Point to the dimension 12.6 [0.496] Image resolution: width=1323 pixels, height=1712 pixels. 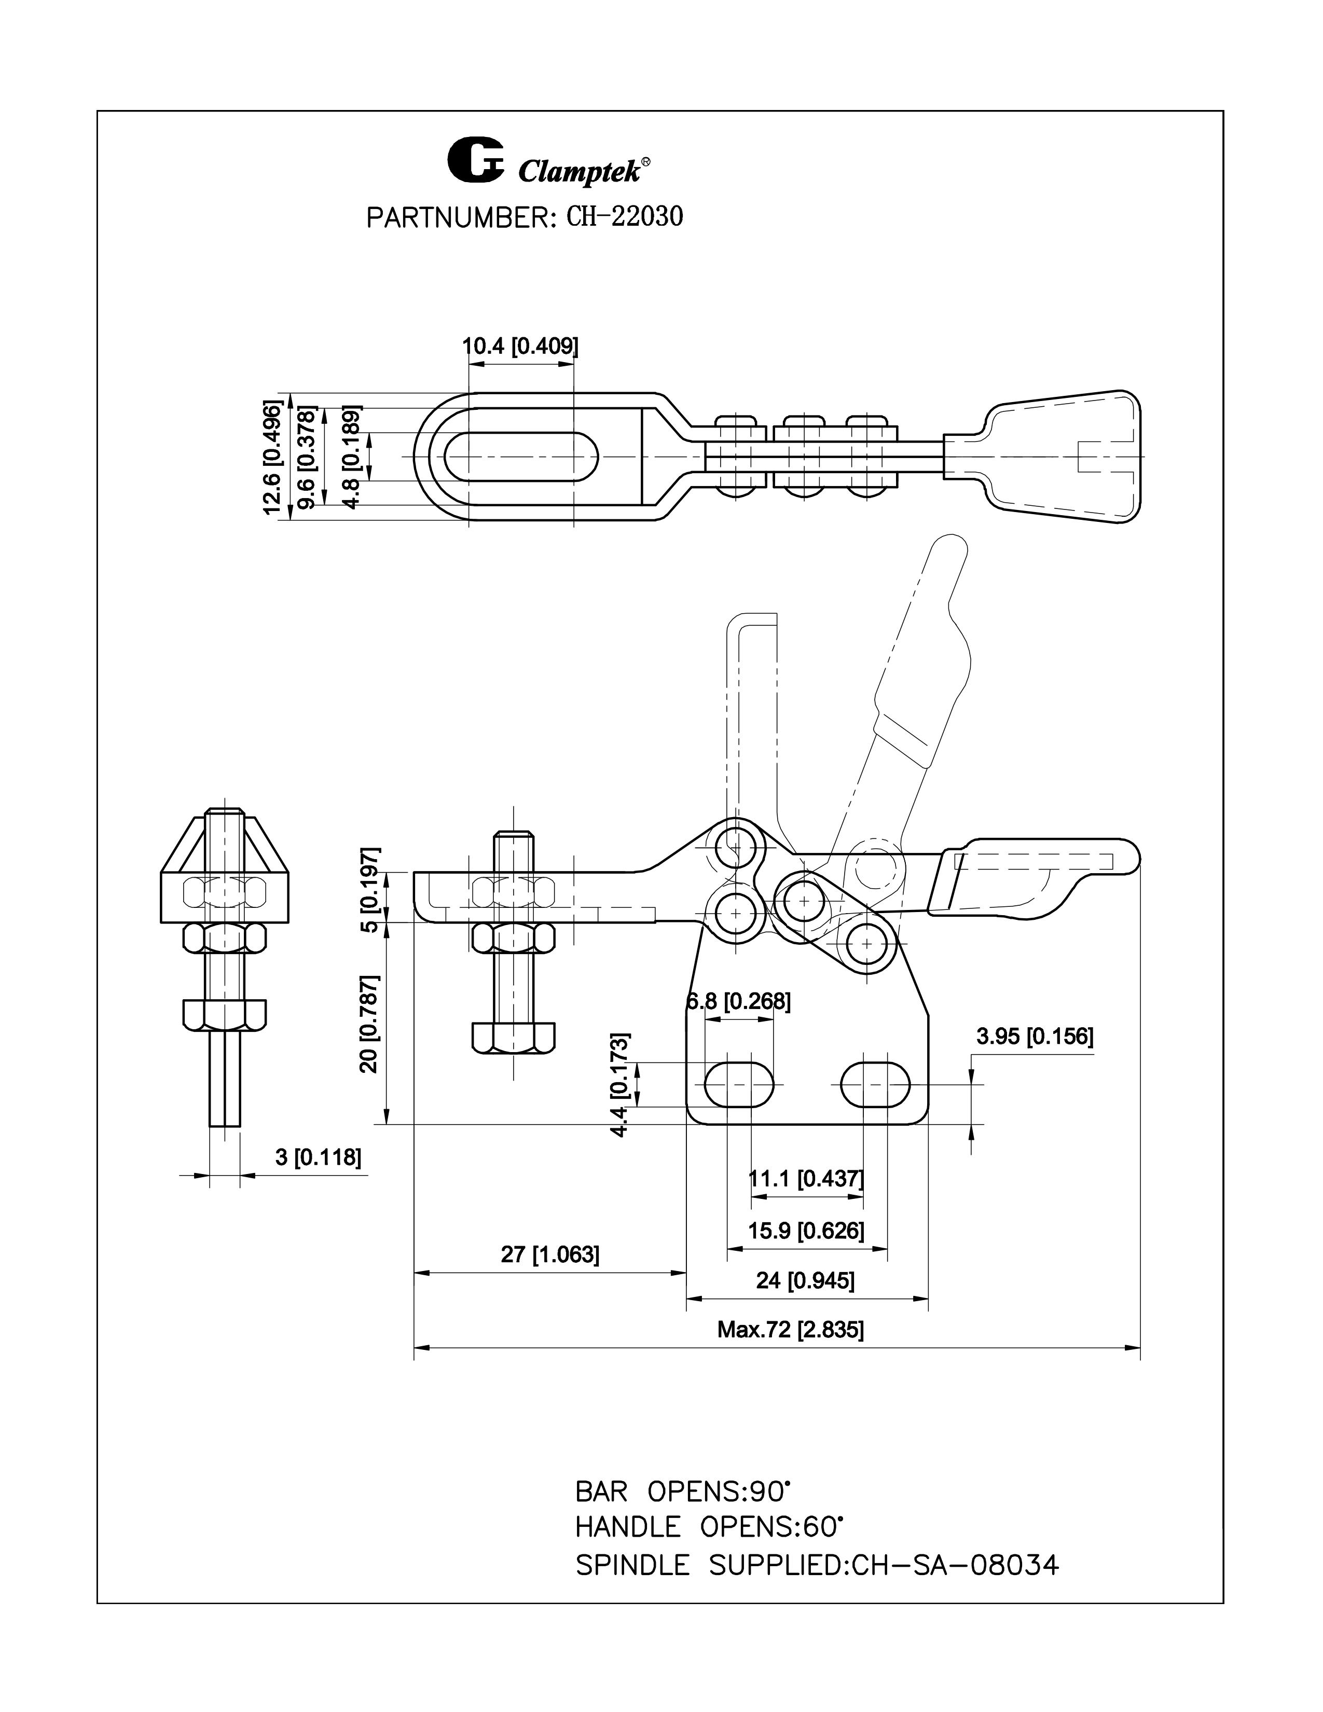point(272,457)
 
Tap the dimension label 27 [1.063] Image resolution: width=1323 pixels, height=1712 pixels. point(549,1254)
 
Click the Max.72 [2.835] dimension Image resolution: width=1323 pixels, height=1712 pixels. point(790,1330)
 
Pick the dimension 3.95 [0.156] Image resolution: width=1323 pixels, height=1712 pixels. point(1035,1037)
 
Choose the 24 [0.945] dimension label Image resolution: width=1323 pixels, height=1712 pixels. point(805,1280)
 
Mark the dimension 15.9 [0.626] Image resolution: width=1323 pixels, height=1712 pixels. point(806,1231)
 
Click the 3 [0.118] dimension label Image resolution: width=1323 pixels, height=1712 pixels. point(318,1156)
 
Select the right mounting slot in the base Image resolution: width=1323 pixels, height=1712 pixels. point(875,1085)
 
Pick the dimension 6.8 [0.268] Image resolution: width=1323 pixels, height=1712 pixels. point(738,1001)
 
